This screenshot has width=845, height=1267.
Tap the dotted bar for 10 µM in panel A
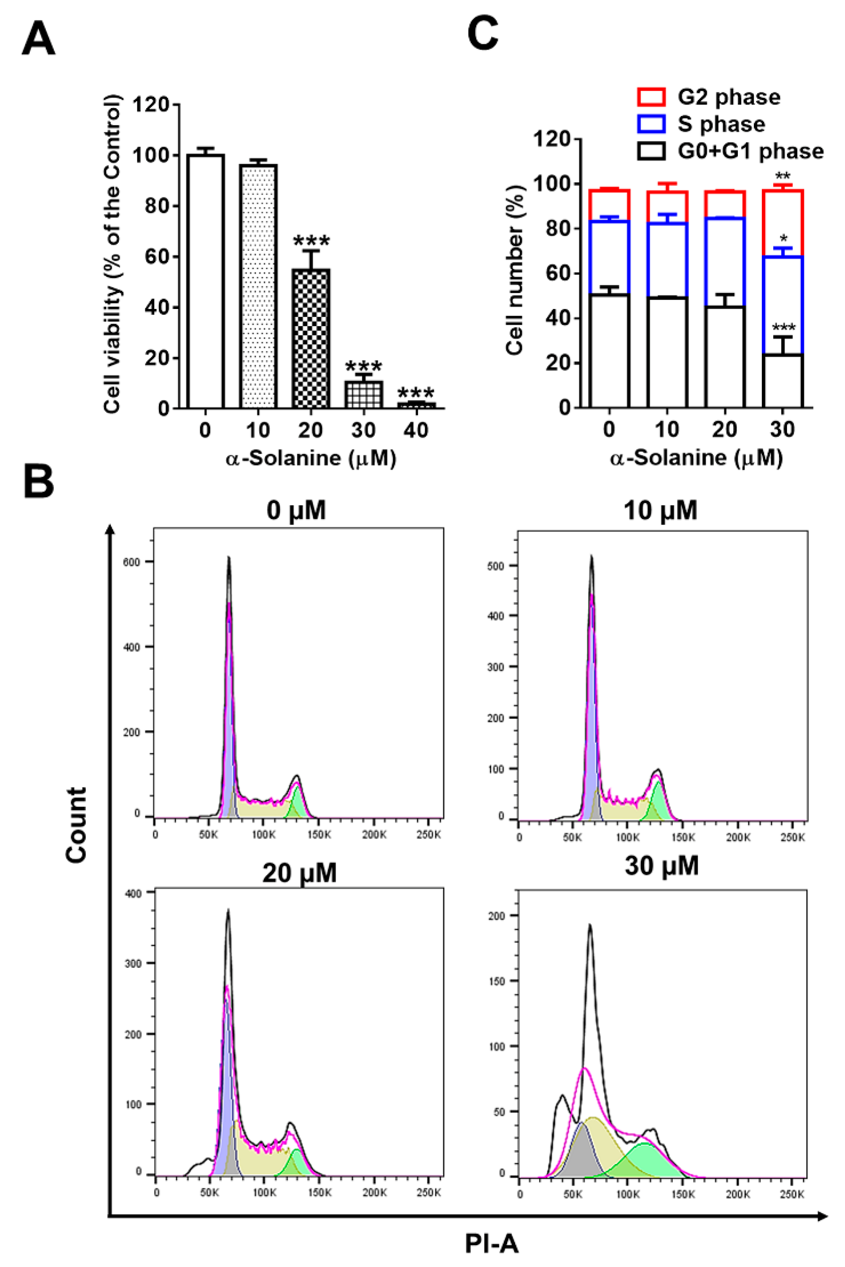(258, 286)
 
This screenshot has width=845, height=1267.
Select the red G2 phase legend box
(651, 97)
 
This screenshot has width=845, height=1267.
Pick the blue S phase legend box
(651, 124)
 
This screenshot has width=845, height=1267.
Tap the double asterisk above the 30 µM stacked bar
(783, 176)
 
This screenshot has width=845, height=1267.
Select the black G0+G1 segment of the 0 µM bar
(609, 351)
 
